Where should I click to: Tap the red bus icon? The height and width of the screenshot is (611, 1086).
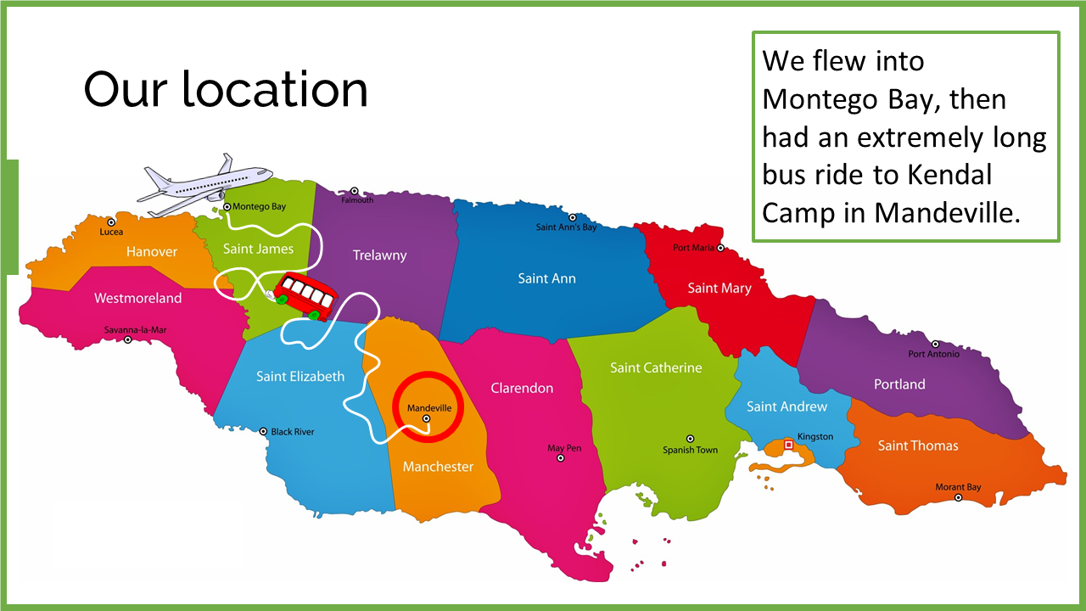pos(305,296)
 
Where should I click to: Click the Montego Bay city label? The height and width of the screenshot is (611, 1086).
pos(259,206)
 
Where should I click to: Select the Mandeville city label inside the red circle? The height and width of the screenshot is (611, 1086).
pos(429,408)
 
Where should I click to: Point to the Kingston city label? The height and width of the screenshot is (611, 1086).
pos(815,436)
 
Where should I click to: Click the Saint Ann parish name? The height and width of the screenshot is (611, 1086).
pos(546,278)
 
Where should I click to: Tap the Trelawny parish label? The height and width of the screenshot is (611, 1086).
pos(379,255)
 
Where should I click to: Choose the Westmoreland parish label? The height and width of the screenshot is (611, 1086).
pos(137,298)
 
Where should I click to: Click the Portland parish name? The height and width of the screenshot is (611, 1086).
pos(899,384)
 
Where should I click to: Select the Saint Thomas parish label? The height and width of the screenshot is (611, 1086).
pos(918,446)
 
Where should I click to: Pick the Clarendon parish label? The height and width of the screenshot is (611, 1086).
pos(522,388)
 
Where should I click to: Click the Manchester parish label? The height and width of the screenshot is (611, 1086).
pos(438,467)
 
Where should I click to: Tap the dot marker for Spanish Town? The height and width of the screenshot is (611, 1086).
pos(690,439)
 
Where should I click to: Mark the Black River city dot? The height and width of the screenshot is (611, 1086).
pos(263,432)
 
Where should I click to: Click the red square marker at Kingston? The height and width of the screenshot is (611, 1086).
pos(788,445)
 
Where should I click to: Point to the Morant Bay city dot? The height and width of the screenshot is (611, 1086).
pos(958,498)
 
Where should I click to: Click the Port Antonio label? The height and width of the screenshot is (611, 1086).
pos(933,354)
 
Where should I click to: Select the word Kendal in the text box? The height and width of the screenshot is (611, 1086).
pos(949,176)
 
